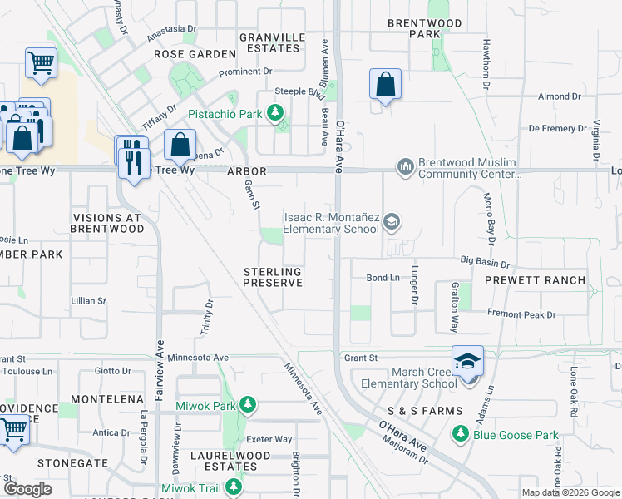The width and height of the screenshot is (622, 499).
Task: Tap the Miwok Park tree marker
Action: (x=247, y=405)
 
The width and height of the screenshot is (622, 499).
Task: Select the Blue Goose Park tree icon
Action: (x=461, y=434)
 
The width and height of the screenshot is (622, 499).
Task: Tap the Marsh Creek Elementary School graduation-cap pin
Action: (x=467, y=362)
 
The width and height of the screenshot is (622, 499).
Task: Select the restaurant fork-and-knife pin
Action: (x=133, y=157)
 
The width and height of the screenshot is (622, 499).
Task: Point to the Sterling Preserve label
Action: (x=272, y=277)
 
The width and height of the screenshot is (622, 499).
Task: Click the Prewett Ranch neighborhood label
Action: (x=536, y=280)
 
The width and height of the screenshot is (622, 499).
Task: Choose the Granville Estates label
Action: (x=269, y=42)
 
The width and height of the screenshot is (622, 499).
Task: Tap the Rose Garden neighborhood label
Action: (x=195, y=54)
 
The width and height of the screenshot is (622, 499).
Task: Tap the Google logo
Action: (x=27, y=489)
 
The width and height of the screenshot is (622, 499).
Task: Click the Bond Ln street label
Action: (x=383, y=277)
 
